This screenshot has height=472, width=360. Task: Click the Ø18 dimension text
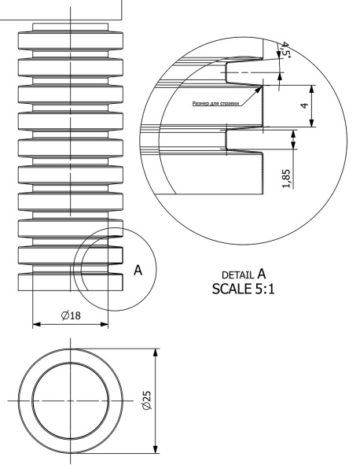click(71, 315)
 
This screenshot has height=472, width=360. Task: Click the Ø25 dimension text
click(147, 400)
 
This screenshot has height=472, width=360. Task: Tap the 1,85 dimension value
click(286, 179)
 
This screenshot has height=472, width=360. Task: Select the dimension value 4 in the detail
click(305, 105)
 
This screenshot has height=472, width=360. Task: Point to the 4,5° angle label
click(285, 50)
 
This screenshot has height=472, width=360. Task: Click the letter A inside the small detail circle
click(138, 270)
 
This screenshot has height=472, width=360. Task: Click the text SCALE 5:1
click(243, 289)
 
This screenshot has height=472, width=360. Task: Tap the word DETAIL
click(237, 275)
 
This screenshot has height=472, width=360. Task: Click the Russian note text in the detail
click(216, 104)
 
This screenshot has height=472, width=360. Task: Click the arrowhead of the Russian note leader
click(259, 90)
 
